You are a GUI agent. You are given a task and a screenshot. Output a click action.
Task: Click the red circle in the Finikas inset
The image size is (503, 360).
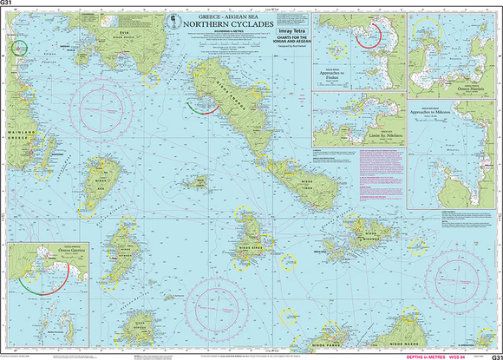click(x=370, y=33)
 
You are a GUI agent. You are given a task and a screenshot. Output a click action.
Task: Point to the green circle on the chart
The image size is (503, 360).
click(x=16, y=47)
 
